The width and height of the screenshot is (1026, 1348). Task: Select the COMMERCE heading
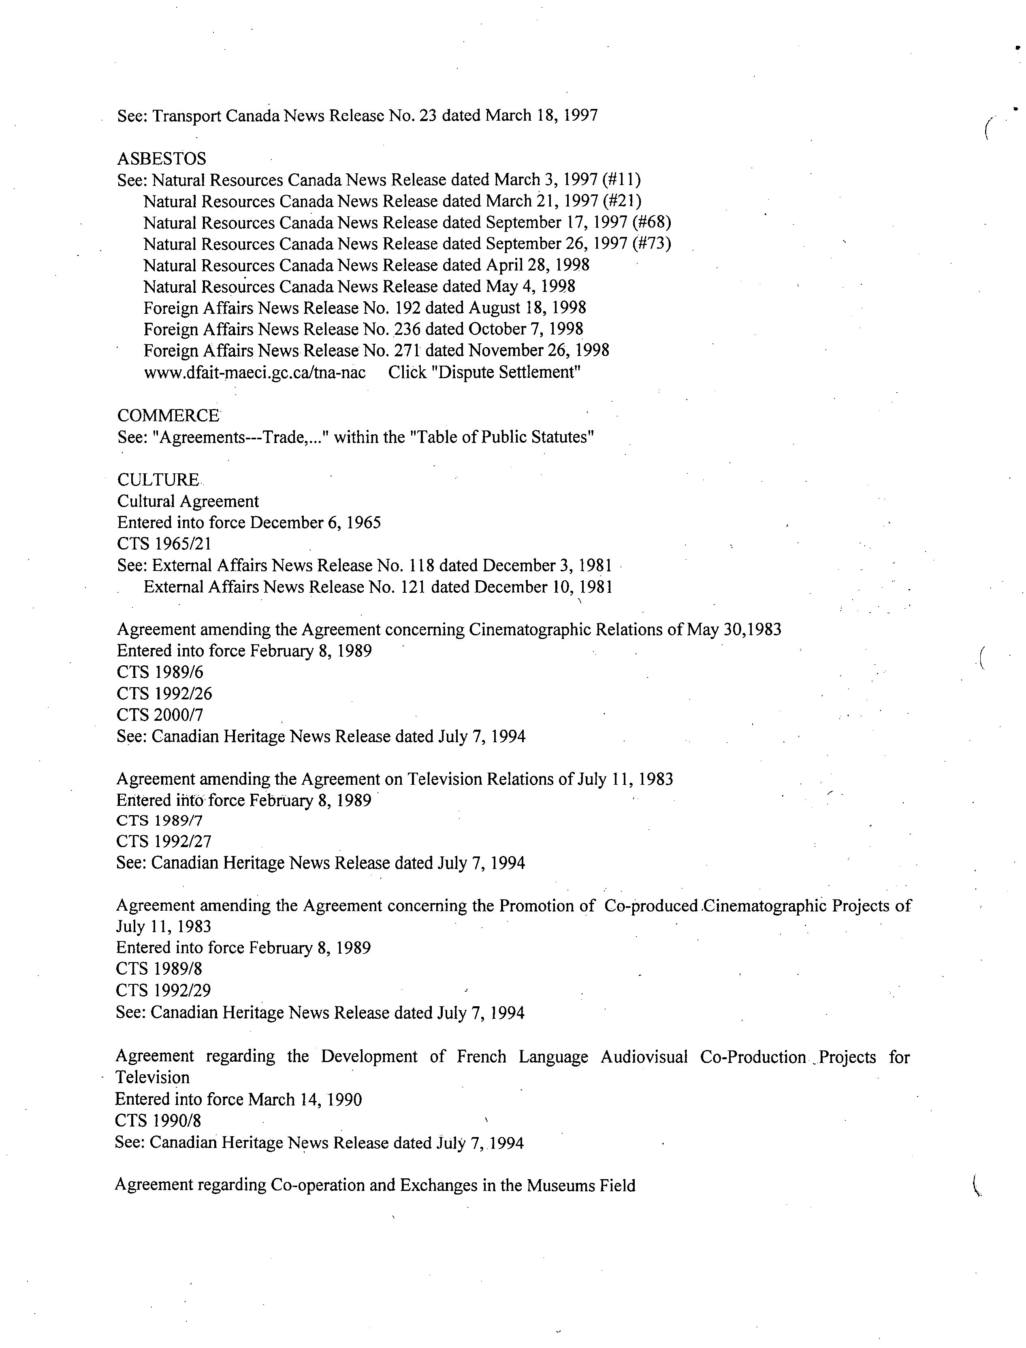168,416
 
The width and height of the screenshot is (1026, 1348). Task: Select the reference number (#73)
652,244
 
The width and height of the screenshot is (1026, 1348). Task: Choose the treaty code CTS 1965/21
164,544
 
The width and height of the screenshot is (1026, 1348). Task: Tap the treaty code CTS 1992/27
164,842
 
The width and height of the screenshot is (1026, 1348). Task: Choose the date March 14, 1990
305,1099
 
